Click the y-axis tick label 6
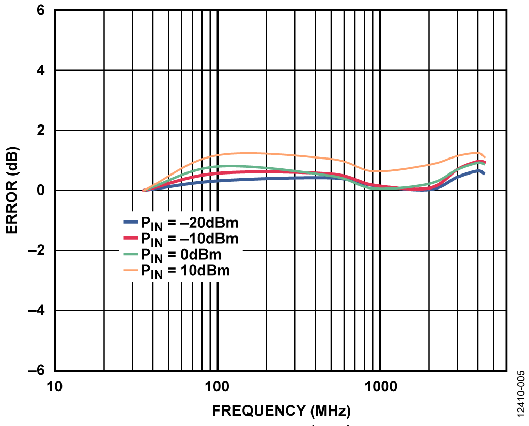pyautogui.click(x=40, y=10)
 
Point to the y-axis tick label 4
pyautogui.click(x=40, y=70)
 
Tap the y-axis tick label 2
pyautogui.click(x=40, y=131)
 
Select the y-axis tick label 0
pyautogui.click(x=40, y=191)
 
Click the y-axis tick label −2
pyautogui.click(x=36, y=251)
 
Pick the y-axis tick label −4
pyautogui.click(x=36, y=311)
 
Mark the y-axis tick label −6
pyautogui.click(x=36, y=371)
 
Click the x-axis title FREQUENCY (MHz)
pyautogui.click(x=282, y=411)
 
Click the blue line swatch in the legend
pyautogui.click(x=131, y=222)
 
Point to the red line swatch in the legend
pyautogui.click(x=131, y=238)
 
